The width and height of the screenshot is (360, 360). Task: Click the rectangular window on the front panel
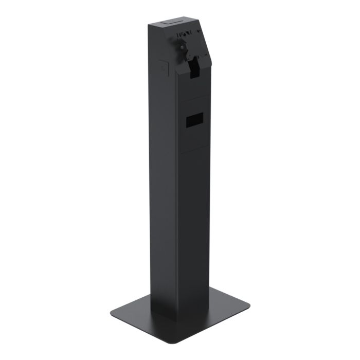pyautogui.click(x=194, y=120)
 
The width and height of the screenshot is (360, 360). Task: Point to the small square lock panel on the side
pyautogui.click(x=164, y=67)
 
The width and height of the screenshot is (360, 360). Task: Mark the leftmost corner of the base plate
pyautogui.click(x=110, y=312)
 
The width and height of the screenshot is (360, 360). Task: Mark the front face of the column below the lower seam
pyautogui.click(x=194, y=231)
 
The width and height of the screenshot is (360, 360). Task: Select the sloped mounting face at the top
pyautogui.click(x=193, y=49)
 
